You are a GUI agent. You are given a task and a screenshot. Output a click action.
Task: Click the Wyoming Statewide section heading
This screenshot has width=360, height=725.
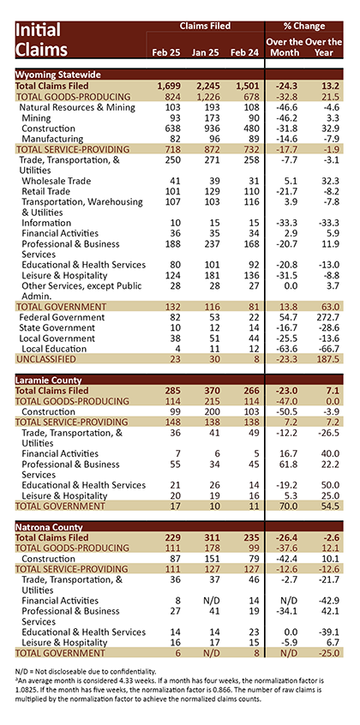[58, 75]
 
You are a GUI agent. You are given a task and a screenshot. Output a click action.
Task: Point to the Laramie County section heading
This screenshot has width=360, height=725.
[49, 380]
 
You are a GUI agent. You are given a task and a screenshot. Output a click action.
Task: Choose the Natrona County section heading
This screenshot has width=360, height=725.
[49, 527]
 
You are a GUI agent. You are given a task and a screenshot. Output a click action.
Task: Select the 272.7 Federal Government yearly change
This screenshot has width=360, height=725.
[327, 317]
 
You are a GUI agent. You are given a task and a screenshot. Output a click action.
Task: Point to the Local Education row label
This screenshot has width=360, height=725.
[54, 349]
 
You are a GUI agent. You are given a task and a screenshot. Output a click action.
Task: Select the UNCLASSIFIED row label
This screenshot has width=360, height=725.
[45, 359]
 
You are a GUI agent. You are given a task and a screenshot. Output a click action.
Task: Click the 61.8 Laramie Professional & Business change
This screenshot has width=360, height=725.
[283, 464]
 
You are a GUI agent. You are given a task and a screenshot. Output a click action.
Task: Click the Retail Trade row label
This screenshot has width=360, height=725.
[45, 191]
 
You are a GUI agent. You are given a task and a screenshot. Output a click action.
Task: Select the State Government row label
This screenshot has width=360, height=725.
[57, 327]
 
